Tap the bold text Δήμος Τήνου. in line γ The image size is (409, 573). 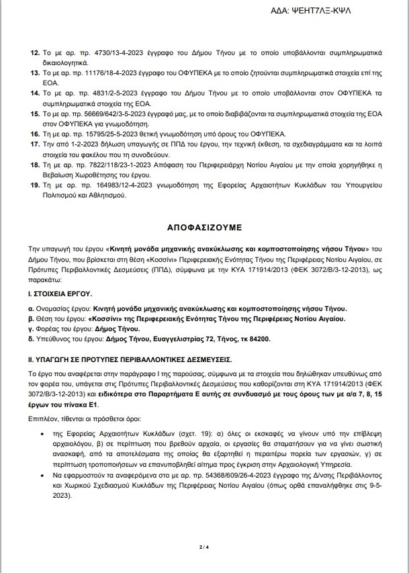(x=119, y=329)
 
